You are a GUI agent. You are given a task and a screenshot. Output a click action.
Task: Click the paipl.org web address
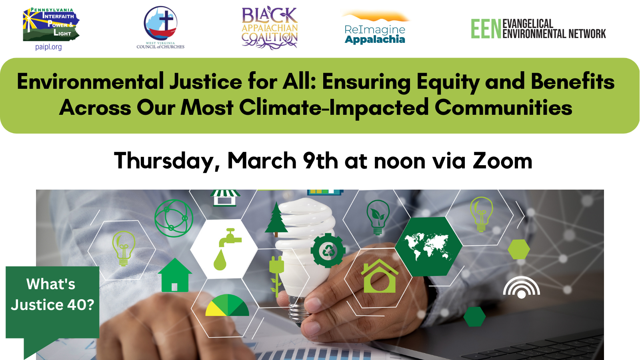tap(48, 47)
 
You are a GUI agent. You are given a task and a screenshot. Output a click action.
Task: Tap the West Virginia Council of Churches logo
tap(160, 28)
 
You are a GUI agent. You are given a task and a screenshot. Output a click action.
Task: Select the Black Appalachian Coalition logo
tap(270, 28)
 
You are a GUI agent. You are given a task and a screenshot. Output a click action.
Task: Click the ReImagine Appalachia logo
tap(375, 28)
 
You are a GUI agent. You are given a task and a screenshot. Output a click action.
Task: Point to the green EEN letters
tap(486, 28)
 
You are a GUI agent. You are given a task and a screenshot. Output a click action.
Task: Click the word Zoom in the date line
tap(502, 161)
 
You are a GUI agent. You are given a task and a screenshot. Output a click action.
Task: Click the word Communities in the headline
tap(504, 108)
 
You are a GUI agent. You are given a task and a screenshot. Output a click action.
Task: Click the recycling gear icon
tap(328, 250)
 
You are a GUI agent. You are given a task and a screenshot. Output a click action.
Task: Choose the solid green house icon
tap(175, 275)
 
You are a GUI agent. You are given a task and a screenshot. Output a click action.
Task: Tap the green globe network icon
tap(174, 218)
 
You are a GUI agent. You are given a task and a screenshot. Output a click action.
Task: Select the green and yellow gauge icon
tap(227, 305)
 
